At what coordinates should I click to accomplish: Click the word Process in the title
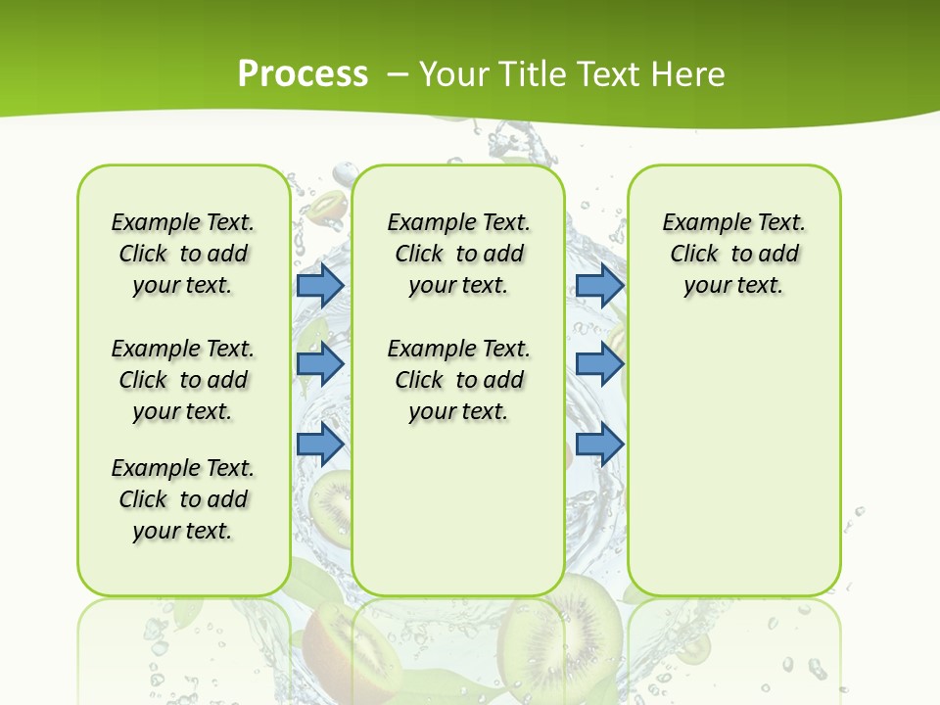303,74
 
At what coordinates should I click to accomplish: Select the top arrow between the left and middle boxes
320,285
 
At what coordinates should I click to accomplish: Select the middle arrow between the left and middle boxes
320,364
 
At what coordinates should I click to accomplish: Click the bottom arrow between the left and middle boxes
320,444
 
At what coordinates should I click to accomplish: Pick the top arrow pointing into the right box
599,285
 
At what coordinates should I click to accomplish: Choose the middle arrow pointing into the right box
599,364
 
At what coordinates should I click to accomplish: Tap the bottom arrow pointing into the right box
599,444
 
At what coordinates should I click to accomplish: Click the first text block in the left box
183,254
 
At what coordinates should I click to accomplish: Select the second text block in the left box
183,380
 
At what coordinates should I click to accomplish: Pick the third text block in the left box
183,499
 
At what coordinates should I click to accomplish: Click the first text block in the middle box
458,254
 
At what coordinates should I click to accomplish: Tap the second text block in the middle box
458,380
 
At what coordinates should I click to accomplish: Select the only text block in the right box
733,254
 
